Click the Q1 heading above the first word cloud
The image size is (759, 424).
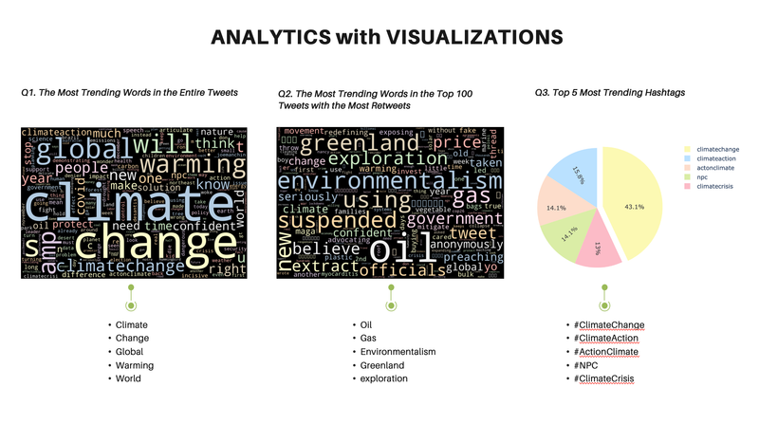(129, 92)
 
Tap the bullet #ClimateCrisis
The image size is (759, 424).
(603, 379)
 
